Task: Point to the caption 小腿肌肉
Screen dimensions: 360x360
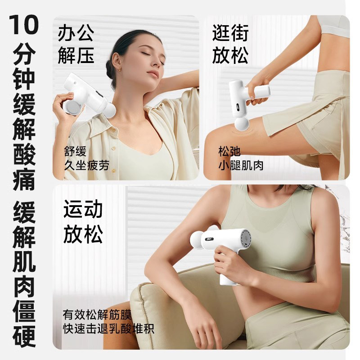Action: [241, 165]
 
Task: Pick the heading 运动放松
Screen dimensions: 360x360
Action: [83, 222]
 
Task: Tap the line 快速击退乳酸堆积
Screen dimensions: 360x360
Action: [108, 328]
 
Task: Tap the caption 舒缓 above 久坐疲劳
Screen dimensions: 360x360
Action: [75, 150]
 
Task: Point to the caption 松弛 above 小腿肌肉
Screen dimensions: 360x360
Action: [229, 150]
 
